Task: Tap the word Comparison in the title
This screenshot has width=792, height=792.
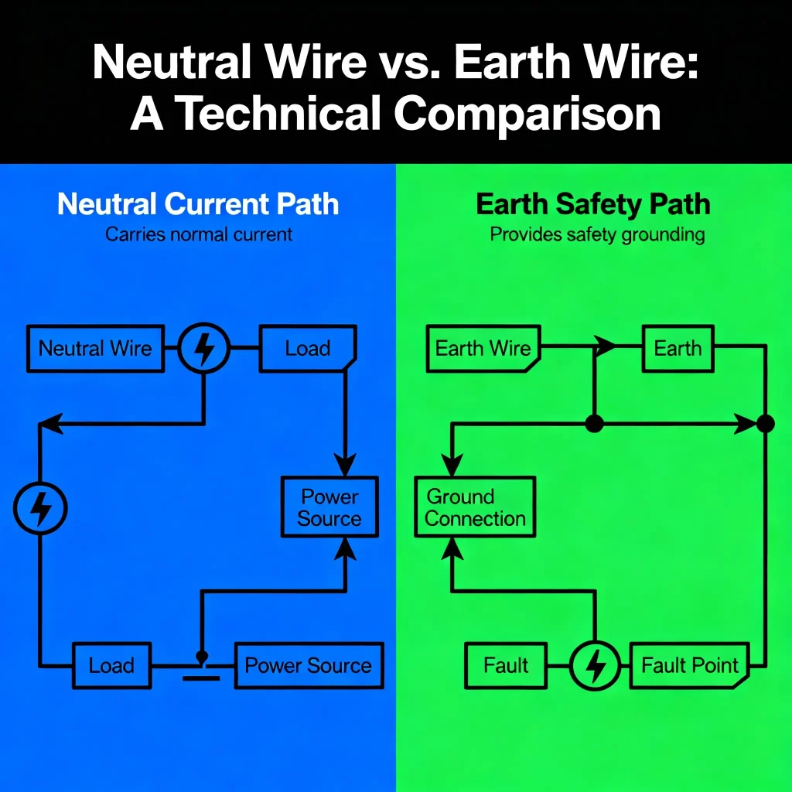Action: (x=527, y=114)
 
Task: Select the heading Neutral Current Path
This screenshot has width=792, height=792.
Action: (x=198, y=205)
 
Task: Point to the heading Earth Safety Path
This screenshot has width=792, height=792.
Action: (x=593, y=205)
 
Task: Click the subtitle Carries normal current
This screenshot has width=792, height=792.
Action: (x=199, y=234)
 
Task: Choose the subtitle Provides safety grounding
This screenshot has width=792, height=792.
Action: (x=597, y=234)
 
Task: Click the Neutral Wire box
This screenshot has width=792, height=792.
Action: (x=95, y=348)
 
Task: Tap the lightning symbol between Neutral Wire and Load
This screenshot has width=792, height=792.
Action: (x=204, y=348)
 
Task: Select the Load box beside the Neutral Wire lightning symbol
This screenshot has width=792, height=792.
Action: (x=308, y=348)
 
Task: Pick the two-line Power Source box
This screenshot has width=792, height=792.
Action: (x=329, y=507)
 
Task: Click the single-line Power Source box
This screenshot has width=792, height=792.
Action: (x=308, y=665)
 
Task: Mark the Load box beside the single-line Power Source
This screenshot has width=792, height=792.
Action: (x=112, y=665)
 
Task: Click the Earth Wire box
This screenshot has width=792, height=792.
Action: (x=483, y=348)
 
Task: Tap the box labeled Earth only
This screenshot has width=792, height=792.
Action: (x=678, y=348)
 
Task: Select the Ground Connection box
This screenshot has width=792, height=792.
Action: (x=475, y=507)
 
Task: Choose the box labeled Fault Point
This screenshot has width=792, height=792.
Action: (x=690, y=665)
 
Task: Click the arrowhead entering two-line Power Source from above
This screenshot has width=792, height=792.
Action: (x=345, y=464)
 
